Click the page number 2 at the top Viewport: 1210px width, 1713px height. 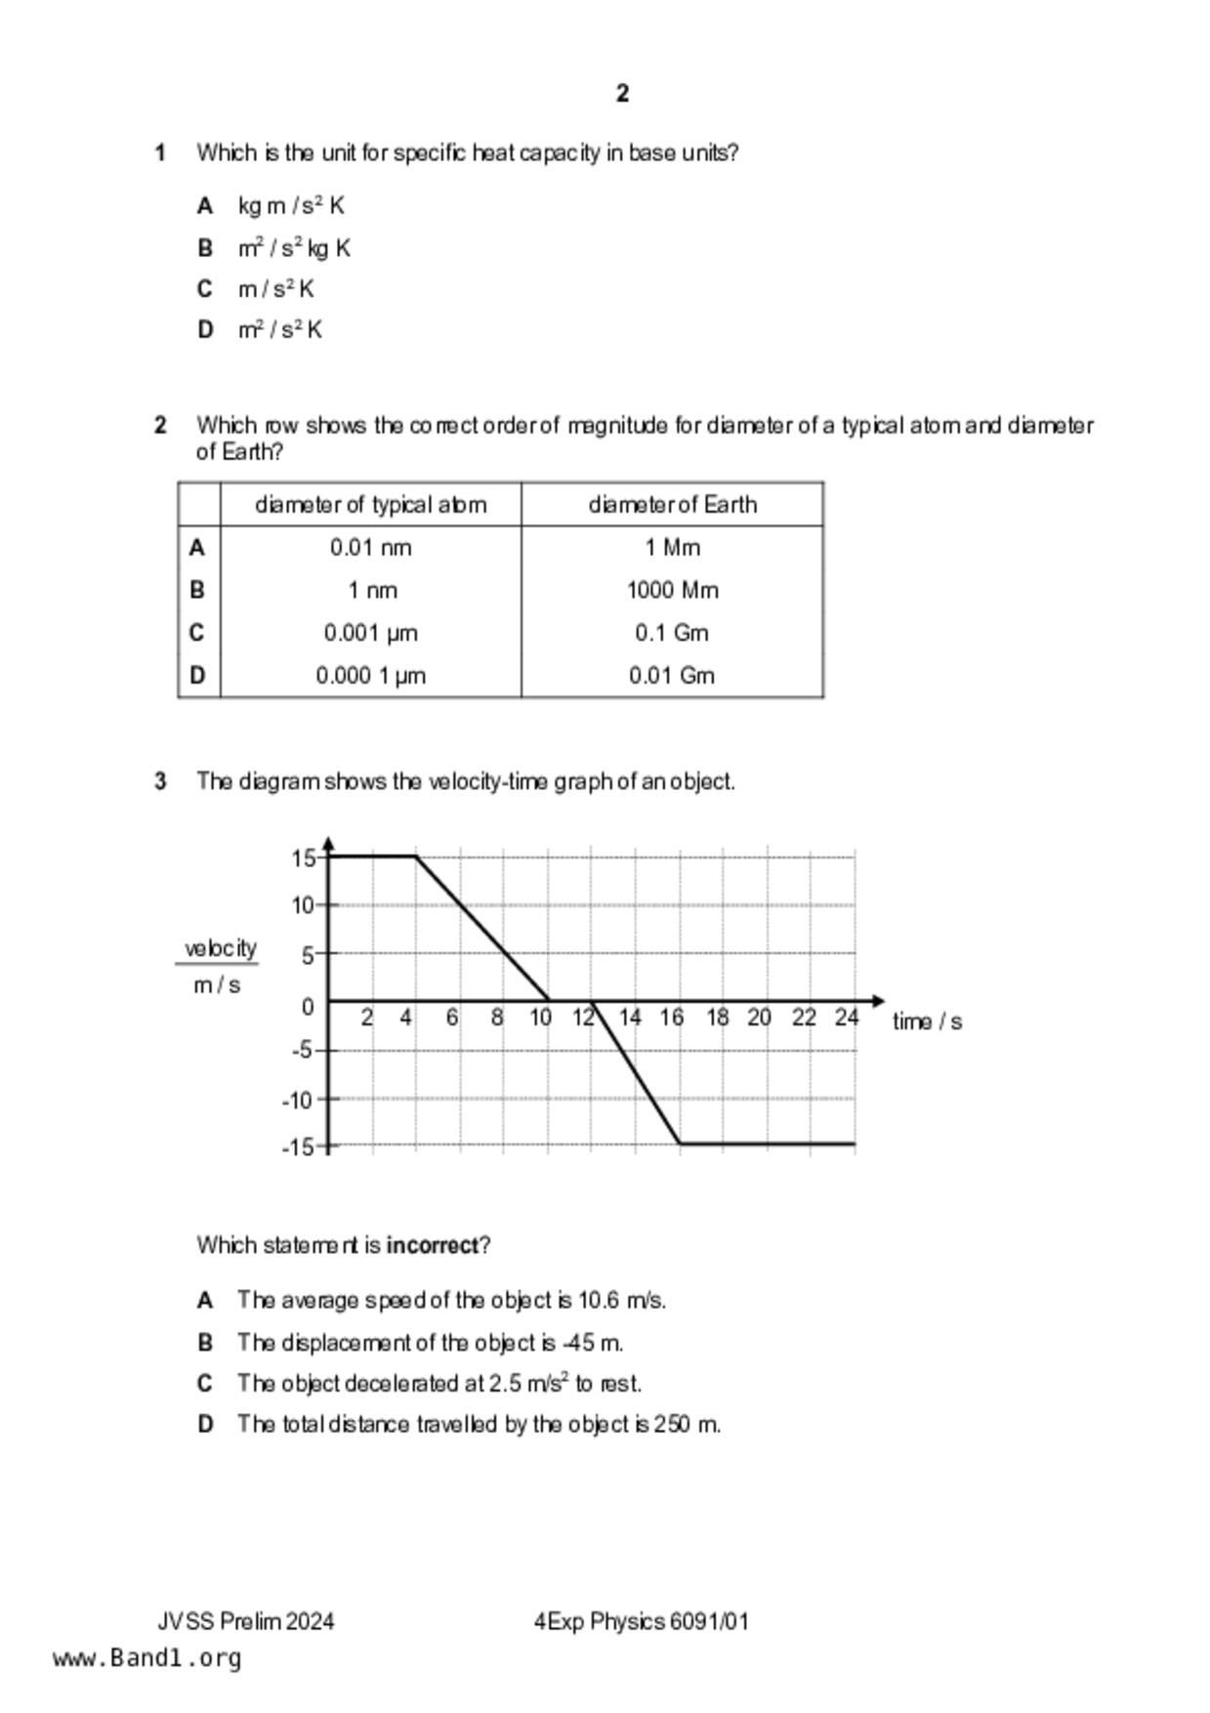(x=623, y=94)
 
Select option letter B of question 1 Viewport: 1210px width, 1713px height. (x=204, y=248)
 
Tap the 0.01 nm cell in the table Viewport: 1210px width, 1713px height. (x=370, y=548)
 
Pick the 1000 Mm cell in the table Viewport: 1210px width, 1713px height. (x=672, y=591)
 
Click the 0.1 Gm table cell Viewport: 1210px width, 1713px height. (x=672, y=633)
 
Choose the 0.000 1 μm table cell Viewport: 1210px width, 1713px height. (x=370, y=676)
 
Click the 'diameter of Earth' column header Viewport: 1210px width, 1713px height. (x=672, y=505)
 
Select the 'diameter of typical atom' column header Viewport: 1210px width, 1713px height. (x=370, y=505)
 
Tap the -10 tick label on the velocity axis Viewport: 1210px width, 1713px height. (x=297, y=1101)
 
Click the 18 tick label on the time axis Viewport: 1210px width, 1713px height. (x=717, y=1018)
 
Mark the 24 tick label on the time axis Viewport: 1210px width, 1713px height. (x=846, y=1018)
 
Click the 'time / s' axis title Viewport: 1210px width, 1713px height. (x=926, y=1022)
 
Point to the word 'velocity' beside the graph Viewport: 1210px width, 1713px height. (x=221, y=948)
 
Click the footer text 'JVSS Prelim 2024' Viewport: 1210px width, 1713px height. (x=246, y=1621)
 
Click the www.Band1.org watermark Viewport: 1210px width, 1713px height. (x=146, y=1658)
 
